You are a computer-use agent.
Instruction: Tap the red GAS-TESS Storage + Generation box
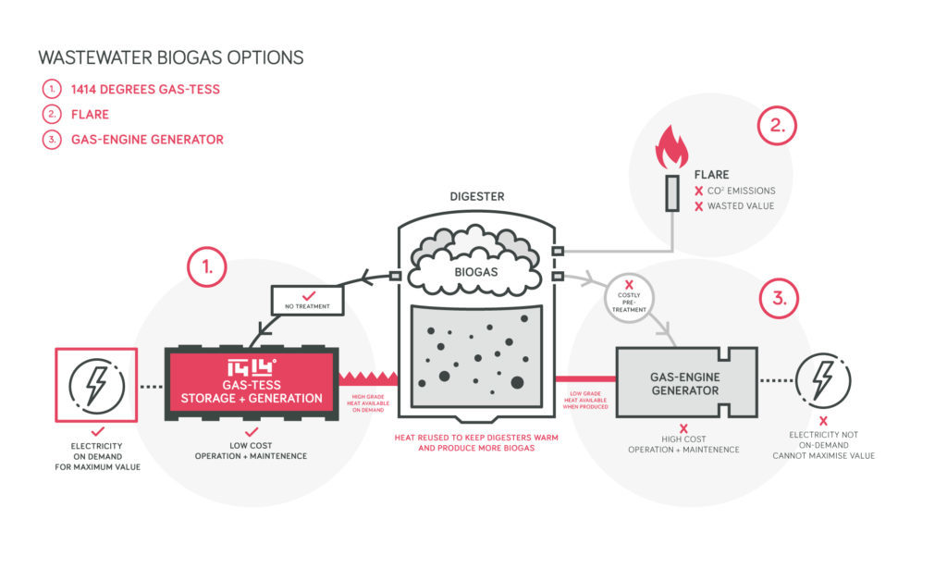point(252,383)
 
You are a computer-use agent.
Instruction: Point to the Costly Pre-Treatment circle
point(630,302)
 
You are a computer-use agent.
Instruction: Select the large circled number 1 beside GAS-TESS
point(208,268)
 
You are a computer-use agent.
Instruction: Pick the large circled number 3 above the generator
point(780,299)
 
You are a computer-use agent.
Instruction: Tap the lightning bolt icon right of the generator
point(820,380)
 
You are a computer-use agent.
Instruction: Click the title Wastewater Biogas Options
point(170,57)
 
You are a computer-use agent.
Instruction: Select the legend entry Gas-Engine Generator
point(147,140)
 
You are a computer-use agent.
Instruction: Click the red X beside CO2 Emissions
point(698,191)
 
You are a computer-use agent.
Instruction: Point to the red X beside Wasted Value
point(698,205)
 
